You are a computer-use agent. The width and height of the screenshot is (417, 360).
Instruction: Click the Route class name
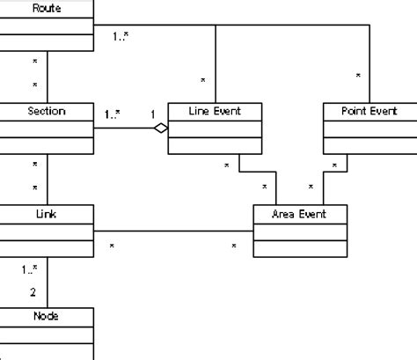[46, 7]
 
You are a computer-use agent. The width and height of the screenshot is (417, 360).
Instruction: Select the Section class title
[46, 112]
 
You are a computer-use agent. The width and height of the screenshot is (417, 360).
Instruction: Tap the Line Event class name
[214, 112]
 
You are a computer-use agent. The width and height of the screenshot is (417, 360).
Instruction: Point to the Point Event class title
[369, 112]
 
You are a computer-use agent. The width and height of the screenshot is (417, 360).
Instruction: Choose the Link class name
[46, 214]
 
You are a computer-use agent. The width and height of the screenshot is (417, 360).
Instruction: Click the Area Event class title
[300, 214]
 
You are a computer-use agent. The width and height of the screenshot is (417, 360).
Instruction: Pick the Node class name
[46, 316]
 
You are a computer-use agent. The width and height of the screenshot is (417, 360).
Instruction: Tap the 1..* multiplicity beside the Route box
[121, 37]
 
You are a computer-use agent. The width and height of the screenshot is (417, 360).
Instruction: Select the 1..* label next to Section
[112, 114]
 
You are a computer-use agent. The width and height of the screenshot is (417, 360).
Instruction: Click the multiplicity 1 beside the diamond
[153, 114]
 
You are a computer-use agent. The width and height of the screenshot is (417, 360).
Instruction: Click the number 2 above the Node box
[33, 291]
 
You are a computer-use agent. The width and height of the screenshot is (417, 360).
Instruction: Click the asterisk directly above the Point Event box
[358, 77]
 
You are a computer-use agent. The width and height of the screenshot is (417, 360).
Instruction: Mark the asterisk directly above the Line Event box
[202, 81]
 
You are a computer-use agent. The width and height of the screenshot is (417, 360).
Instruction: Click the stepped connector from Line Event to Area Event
[257, 171]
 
